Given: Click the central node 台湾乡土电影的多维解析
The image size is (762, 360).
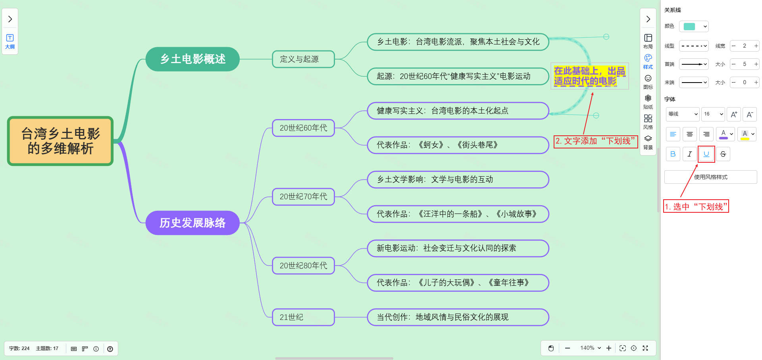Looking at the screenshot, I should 60,141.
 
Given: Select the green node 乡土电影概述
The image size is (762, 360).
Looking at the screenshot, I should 192,59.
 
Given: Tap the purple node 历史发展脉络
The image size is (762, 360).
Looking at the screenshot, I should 192,223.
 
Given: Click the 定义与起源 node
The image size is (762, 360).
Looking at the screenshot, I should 303,59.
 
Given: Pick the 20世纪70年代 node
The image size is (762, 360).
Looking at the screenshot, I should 303,196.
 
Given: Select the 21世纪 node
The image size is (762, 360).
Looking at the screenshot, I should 303,317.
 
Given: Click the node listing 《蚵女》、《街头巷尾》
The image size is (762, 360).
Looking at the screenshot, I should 458,145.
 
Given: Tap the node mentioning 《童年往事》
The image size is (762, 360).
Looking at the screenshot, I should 458,283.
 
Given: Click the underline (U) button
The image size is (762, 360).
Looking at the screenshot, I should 706,154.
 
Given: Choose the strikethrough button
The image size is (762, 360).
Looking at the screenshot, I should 723,154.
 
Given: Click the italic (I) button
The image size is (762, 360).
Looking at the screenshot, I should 689,154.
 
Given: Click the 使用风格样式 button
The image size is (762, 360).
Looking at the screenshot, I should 710,177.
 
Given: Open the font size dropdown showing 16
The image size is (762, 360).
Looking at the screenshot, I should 713,114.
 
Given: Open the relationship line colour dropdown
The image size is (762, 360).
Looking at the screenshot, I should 693,27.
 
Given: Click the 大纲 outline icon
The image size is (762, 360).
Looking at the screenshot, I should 10,41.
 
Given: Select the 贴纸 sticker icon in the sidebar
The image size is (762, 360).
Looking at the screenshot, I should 648,101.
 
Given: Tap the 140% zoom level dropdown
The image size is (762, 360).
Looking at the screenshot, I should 590,348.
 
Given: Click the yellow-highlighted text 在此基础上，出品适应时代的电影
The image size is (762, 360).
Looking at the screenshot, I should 589,76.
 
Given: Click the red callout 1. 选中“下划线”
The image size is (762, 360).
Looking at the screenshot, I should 696,206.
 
